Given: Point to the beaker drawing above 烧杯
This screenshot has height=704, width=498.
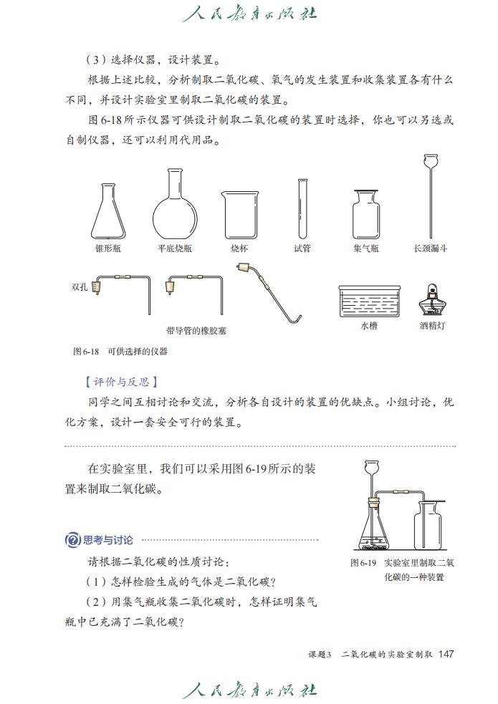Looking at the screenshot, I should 240,215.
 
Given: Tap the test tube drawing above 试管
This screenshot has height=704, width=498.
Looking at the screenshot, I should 302,208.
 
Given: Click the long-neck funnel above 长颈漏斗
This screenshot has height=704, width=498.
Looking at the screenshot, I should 431,197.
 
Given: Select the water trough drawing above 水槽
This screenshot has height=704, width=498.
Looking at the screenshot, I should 369,300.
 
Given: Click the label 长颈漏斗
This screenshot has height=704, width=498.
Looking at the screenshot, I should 431,249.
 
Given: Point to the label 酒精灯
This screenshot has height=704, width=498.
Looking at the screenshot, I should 432,325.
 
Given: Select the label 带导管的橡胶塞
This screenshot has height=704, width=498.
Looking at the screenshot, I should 196,332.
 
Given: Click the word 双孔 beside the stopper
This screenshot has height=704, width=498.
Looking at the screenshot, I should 79,286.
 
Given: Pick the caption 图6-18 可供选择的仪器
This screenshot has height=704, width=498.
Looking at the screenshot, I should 120,352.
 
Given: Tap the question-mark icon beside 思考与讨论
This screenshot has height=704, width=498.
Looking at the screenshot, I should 72,540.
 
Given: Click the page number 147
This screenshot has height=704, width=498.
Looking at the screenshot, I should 446,653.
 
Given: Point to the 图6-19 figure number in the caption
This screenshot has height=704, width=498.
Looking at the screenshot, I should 363,563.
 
